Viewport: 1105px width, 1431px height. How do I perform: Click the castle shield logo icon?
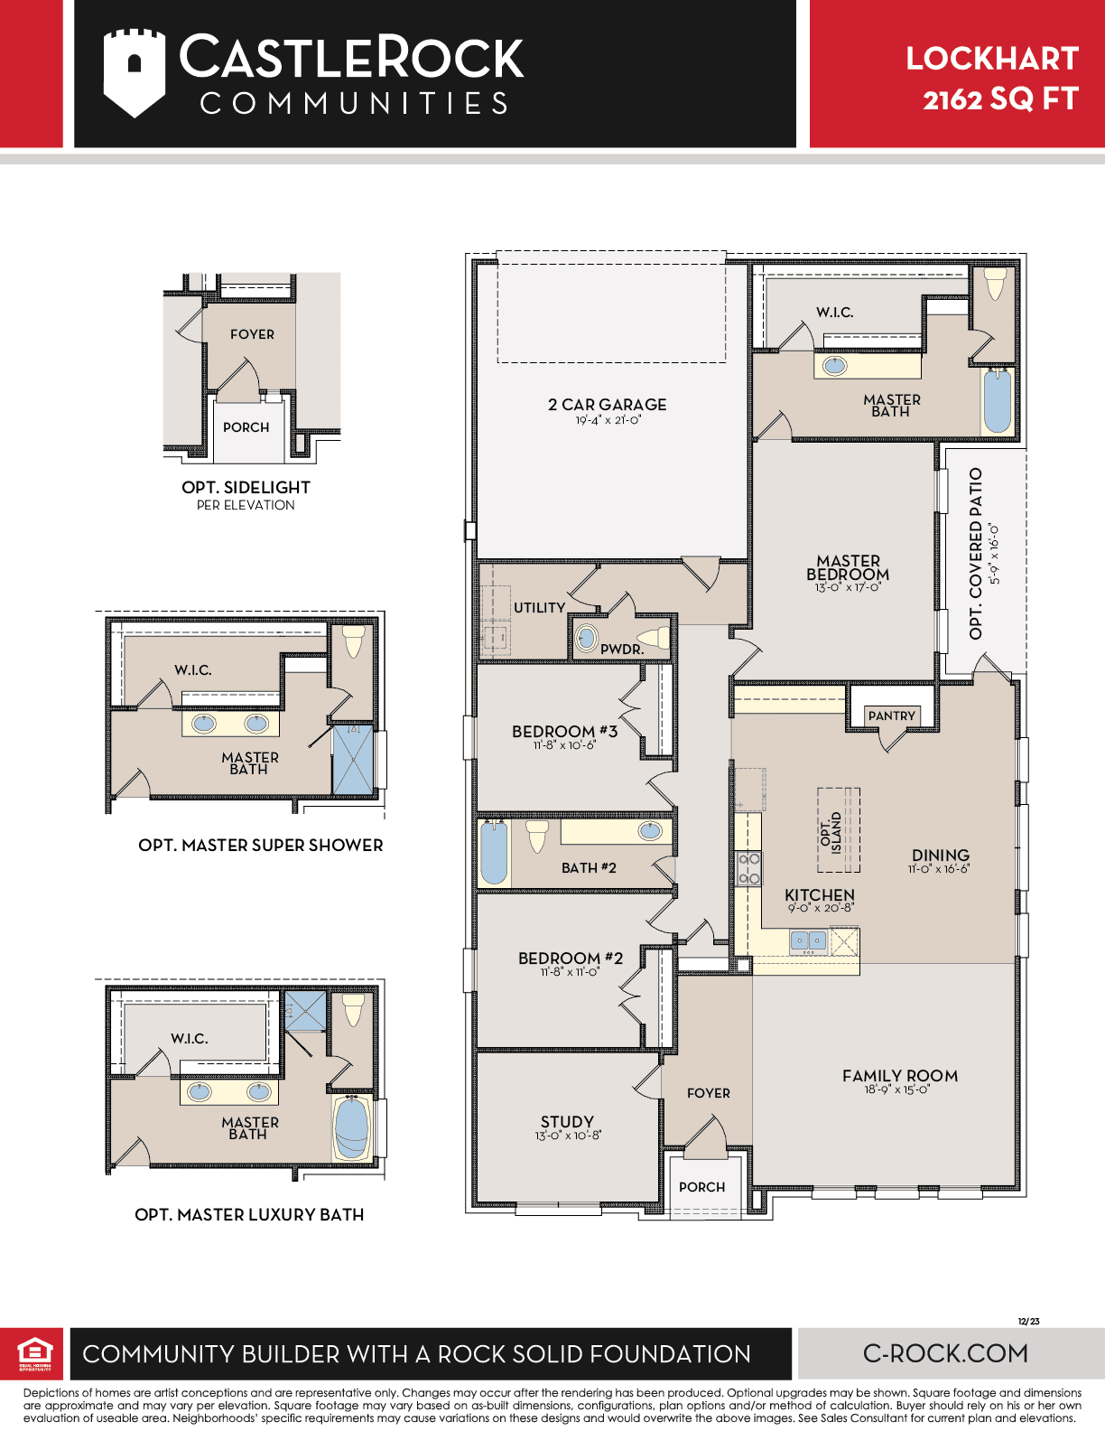coord(135,73)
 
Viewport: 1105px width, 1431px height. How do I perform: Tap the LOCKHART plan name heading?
coord(992,59)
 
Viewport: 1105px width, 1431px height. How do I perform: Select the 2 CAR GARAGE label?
coord(607,405)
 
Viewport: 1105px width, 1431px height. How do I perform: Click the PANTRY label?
coord(891,715)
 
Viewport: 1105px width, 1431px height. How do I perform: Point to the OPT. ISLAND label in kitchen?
coord(831,832)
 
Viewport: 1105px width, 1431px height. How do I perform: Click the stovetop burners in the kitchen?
coord(748,868)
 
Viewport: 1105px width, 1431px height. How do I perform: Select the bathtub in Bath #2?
coord(494,853)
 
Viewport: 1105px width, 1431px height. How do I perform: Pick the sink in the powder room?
coord(586,638)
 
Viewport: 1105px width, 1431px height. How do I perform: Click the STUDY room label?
coord(567,1121)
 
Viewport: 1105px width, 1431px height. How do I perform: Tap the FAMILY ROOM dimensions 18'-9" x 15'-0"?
coord(897,1090)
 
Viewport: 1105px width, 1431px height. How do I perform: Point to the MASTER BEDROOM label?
coord(848,567)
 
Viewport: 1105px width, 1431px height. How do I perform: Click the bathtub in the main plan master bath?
coord(998,401)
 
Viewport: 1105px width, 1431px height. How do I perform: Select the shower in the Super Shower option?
coord(353,759)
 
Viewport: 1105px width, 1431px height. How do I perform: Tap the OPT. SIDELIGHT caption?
coord(246,487)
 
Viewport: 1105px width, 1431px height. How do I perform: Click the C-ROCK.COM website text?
coord(945,1354)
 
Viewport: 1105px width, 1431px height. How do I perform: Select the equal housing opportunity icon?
coord(35,1354)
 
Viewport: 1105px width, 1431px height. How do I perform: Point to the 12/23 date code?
coord(1028,1321)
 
